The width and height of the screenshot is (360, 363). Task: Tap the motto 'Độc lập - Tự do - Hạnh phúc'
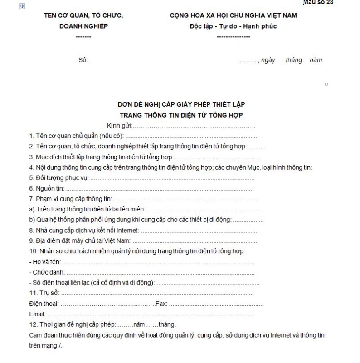[x=234, y=26]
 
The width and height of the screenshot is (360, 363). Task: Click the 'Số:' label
[x=83, y=60]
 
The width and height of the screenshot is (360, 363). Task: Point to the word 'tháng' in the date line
[x=294, y=60]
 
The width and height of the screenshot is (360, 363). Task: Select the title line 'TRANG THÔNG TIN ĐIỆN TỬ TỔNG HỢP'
[x=181, y=115]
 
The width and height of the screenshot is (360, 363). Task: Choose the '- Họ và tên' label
[x=44, y=262]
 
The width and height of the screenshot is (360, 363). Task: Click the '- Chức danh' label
[x=46, y=272]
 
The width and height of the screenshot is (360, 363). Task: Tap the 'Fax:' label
[x=161, y=304]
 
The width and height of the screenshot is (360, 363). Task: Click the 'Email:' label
[x=37, y=314]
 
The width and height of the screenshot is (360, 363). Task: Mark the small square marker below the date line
[x=326, y=84]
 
